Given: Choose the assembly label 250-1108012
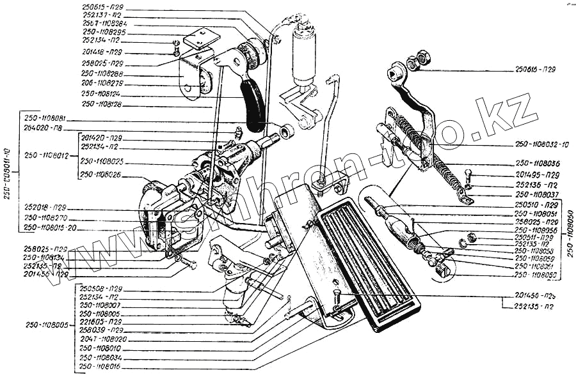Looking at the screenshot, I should (47, 154).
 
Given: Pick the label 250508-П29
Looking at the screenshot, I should (101, 289).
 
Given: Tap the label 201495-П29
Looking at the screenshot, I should (537, 174).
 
